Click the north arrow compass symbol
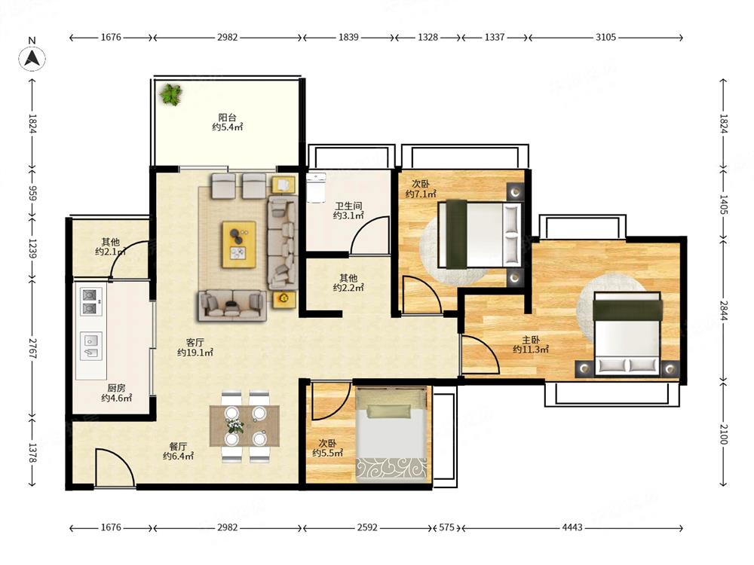32,58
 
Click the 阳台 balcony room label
227,118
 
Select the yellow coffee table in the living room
239,244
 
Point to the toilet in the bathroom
316,188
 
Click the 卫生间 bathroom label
348,206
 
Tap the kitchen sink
91,347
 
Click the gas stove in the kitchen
90,302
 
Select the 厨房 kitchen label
116,388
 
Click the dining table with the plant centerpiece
244,426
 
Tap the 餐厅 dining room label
178,447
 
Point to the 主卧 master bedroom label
530,340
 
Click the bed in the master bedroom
627,334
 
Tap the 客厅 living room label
195,343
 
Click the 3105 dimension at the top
605,37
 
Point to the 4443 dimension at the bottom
572,527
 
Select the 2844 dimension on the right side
724,310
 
